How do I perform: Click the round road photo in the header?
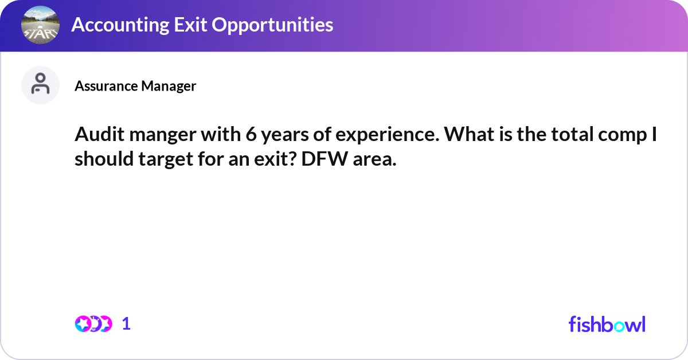(x=40, y=25)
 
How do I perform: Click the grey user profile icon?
(x=40, y=85)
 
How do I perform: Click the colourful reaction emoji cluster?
(x=93, y=324)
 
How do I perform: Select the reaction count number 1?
(x=127, y=324)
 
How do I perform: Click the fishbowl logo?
(x=607, y=324)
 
